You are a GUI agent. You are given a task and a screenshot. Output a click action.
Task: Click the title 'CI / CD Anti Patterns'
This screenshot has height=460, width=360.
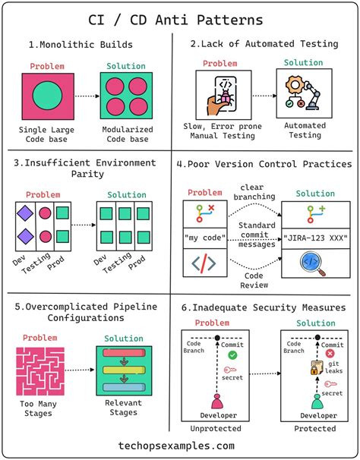180,18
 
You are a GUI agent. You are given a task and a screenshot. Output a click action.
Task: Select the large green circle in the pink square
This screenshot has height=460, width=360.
48,96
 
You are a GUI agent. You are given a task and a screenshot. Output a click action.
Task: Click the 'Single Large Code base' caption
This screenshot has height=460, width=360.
48,134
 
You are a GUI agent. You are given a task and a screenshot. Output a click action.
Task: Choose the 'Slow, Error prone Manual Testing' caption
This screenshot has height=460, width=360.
223,130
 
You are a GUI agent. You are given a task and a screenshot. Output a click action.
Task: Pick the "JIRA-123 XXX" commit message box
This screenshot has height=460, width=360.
314,238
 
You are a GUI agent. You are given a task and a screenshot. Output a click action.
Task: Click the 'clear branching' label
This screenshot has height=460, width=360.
257,193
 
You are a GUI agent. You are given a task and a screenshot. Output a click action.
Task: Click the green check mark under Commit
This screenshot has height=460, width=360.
232,354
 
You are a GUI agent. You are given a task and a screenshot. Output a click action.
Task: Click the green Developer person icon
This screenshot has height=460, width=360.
317,401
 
